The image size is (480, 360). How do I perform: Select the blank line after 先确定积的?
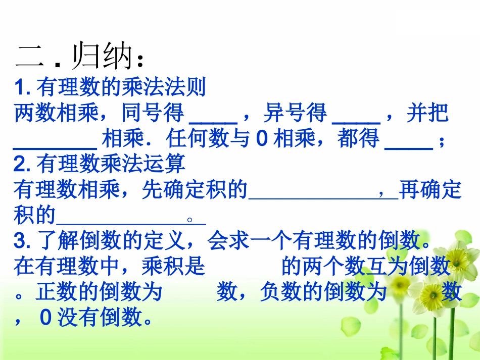pos(323,196)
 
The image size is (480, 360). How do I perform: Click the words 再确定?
pos(430,190)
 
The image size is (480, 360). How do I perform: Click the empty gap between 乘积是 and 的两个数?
pos(243,266)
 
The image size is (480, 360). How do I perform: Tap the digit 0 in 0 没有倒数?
pos(46,318)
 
